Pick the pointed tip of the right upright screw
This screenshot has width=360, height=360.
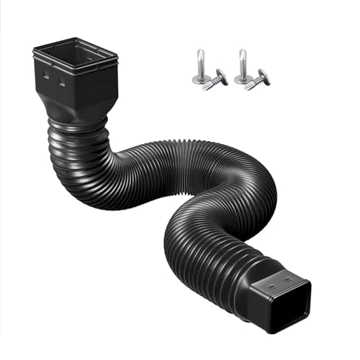pyautogui.click(x=243, y=50)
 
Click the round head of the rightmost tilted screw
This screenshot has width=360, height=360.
pyautogui.click(x=264, y=76)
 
